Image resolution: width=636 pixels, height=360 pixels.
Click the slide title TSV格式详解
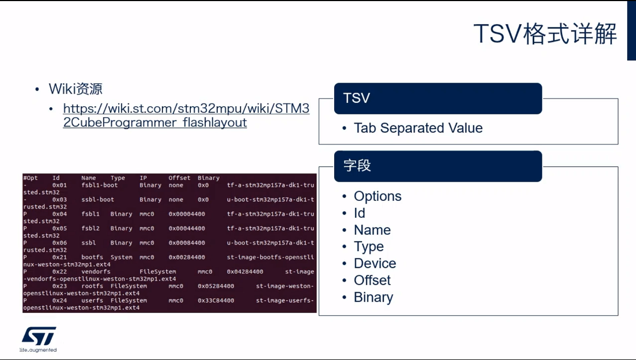pyautogui.click(x=545, y=33)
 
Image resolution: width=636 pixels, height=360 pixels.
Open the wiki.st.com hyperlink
pyautogui.click(x=186, y=115)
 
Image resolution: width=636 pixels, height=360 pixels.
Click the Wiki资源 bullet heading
pyautogui.click(x=75, y=89)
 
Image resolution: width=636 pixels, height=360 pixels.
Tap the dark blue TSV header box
pyautogui.click(x=438, y=98)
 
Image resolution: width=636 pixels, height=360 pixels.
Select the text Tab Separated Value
pyautogui.click(x=418, y=128)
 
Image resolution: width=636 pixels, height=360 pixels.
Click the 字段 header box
pyautogui.click(x=438, y=166)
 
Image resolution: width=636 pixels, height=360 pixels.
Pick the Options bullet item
pyautogui.click(x=378, y=196)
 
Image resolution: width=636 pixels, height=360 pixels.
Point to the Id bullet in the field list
pyautogui.click(x=359, y=213)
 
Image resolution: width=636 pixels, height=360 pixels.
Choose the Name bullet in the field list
pyautogui.click(x=372, y=230)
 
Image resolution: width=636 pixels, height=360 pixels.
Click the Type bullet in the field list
pyautogui.click(x=369, y=247)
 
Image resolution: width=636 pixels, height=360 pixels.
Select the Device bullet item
pyautogui.click(x=375, y=263)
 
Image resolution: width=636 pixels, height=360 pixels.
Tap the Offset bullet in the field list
pyautogui.click(x=372, y=280)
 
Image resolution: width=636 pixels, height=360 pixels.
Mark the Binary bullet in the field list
pyautogui.click(x=374, y=297)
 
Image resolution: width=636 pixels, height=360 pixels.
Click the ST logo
pyautogui.click(x=38, y=336)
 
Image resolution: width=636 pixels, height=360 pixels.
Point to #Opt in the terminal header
pyautogui.click(x=31, y=178)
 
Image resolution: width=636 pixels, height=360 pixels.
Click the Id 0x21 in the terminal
pyautogui.click(x=60, y=257)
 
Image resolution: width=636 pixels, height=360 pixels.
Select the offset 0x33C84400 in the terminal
pyautogui.click(x=216, y=301)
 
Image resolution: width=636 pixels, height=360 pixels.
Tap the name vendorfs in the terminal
pyautogui.click(x=96, y=271)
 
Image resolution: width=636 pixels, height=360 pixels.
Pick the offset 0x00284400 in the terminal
pyautogui.click(x=186, y=257)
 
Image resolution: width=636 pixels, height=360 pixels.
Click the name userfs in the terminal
pyautogui.click(x=92, y=301)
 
